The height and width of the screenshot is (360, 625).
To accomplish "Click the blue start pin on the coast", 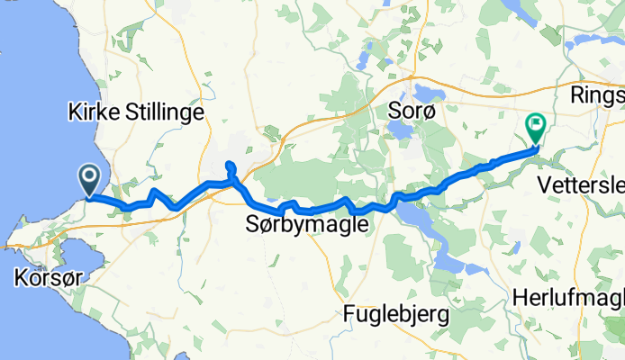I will tap(90, 179).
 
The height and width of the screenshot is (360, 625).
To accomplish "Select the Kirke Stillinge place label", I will tap(136, 112).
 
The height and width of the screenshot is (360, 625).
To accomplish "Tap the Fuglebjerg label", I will tap(397, 315).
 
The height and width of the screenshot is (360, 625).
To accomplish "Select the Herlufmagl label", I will tap(567, 297).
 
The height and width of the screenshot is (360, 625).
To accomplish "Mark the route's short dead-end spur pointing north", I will tap(230, 167).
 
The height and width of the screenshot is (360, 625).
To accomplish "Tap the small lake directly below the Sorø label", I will tap(397, 131).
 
